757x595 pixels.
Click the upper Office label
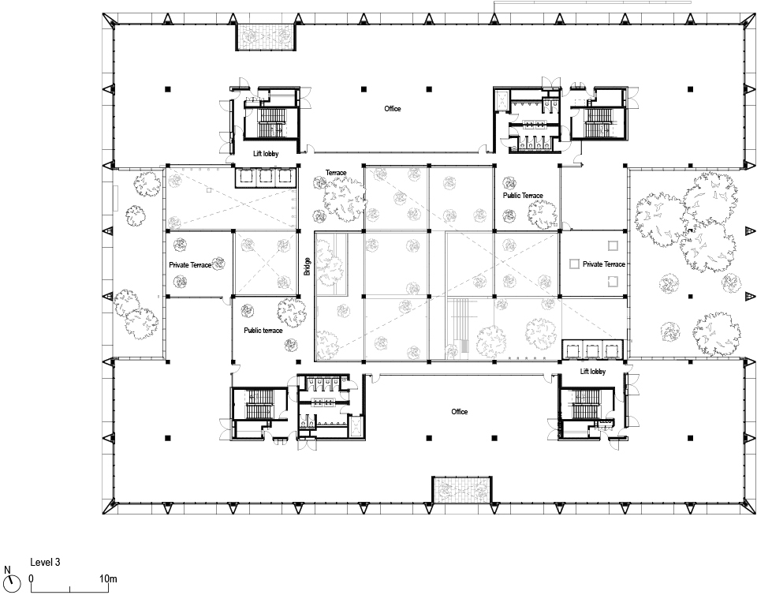coord(393,109)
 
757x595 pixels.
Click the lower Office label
coord(460,411)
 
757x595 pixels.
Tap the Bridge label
coord(307,266)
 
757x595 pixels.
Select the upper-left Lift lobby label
coord(266,154)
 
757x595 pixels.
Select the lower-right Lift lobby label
coord(593,371)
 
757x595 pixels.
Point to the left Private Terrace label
coord(190,264)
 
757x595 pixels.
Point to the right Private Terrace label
coord(604,264)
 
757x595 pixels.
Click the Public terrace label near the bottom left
coord(263,331)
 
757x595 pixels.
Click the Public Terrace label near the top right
coord(523,195)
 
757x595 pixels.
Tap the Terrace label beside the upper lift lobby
coord(336,172)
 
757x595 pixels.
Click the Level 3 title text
coord(45,562)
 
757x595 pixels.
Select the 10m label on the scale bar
coord(109,578)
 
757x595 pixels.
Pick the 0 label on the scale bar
coord(31,578)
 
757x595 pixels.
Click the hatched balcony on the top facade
coord(266,36)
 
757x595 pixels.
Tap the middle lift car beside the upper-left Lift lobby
coord(266,177)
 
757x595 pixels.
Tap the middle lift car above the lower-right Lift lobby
coord(593,350)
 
